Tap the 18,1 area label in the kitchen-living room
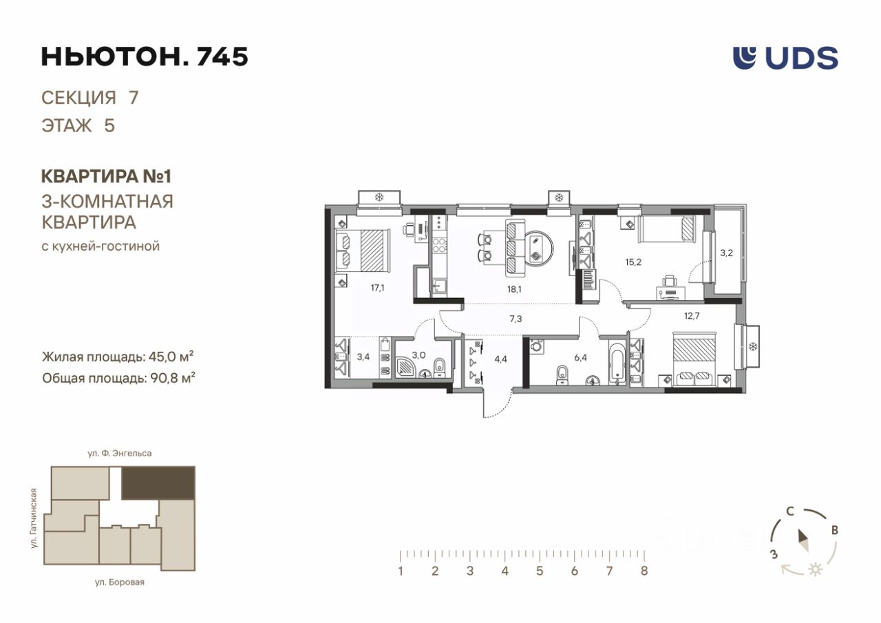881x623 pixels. click(x=514, y=290)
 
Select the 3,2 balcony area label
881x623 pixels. click(x=726, y=253)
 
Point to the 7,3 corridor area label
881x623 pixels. click(x=516, y=319)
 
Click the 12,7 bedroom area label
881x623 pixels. click(x=692, y=315)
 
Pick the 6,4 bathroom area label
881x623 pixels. click(x=580, y=357)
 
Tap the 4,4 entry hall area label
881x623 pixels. click(x=500, y=359)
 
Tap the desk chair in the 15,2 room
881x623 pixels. click(x=670, y=282)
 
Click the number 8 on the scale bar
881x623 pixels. click(x=644, y=571)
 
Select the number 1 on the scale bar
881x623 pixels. click(x=401, y=571)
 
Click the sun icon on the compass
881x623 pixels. click(x=816, y=570)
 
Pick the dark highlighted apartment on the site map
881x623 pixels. click(x=158, y=483)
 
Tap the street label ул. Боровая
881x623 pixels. click(x=120, y=582)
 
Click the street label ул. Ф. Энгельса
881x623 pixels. click(x=120, y=454)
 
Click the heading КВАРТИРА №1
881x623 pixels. click(x=106, y=176)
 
